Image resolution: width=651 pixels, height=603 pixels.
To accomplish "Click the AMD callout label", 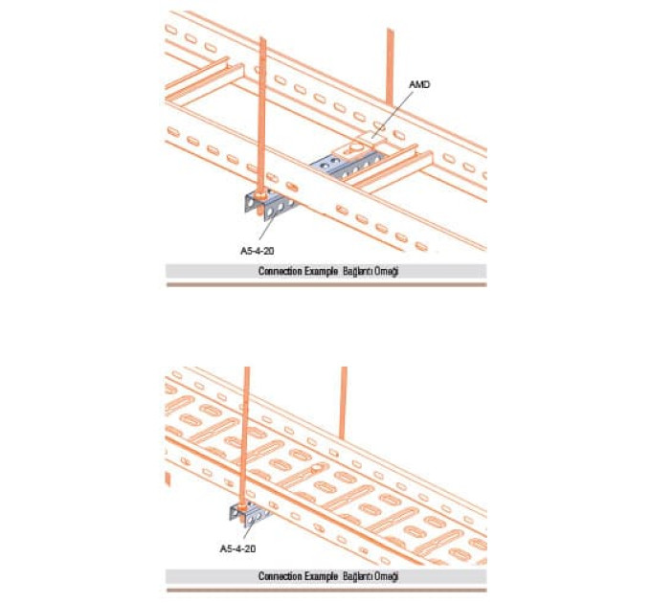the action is (x=419, y=84).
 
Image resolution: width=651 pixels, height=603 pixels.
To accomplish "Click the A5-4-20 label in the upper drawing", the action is (x=258, y=251).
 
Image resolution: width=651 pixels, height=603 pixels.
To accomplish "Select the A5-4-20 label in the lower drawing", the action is (x=237, y=548).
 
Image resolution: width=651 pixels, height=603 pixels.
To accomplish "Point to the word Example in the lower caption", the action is (x=321, y=576).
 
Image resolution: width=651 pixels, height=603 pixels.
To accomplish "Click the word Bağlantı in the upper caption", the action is (x=358, y=272).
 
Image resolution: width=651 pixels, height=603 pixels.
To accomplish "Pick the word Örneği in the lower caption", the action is (x=386, y=576).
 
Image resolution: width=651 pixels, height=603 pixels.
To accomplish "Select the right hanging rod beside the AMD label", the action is (x=390, y=66).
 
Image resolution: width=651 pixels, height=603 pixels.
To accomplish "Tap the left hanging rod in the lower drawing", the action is (x=245, y=435).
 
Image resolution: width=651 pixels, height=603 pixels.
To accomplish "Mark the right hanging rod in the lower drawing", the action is (x=343, y=403).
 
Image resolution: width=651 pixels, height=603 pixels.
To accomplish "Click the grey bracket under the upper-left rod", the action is (x=268, y=206).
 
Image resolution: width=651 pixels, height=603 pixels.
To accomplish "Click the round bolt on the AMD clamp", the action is (x=356, y=146).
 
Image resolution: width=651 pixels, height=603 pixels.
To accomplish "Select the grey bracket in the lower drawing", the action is (x=248, y=514).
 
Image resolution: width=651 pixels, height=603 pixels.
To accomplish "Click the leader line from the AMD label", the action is (x=393, y=114).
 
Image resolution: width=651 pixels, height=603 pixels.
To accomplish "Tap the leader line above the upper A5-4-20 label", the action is (x=267, y=228).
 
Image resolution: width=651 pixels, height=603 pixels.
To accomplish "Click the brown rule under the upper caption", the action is (x=326, y=284).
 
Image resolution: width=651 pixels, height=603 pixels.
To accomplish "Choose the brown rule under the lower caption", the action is (x=326, y=590).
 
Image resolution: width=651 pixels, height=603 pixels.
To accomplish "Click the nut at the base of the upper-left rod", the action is (x=260, y=194).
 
